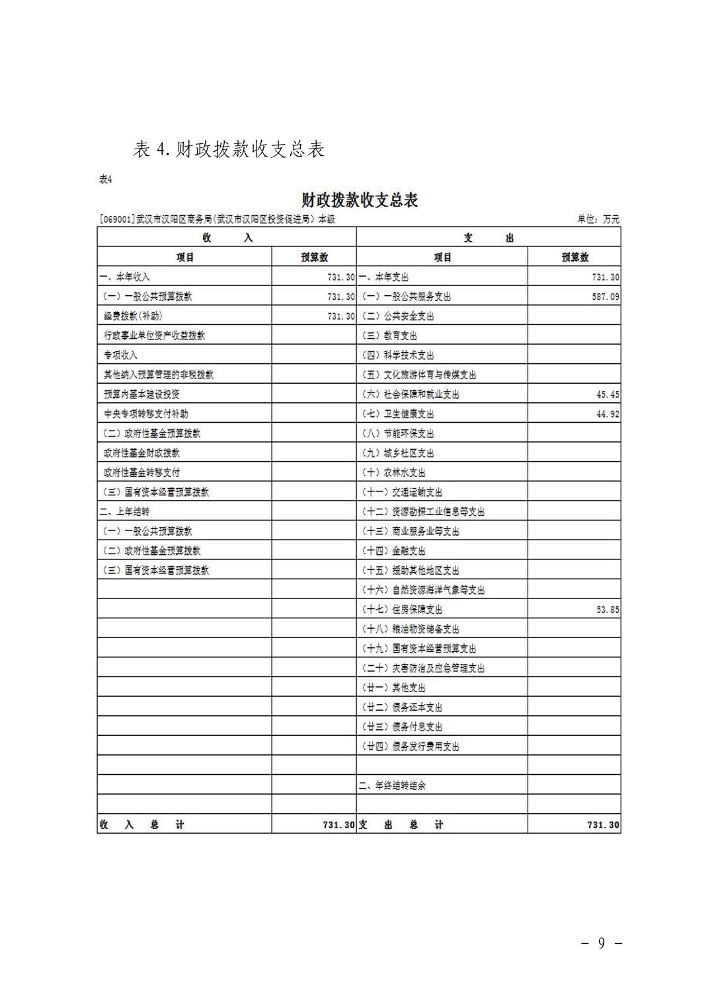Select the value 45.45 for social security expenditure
[x=608, y=395]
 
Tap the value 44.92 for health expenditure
[x=608, y=414]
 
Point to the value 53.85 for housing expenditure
[x=608, y=610]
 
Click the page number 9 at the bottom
[x=601, y=943]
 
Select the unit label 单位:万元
[x=598, y=219]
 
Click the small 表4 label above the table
[x=106, y=179]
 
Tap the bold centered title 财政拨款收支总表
[x=360, y=200]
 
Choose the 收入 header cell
[x=227, y=238]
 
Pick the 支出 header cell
[x=489, y=238]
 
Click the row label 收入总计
[x=142, y=825]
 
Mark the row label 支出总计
[x=401, y=825]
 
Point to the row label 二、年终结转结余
[x=392, y=785]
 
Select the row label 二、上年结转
[x=124, y=512]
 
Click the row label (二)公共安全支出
[x=397, y=316]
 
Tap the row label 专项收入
[x=120, y=355]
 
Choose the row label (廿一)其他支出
[x=393, y=688]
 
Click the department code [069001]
[x=117, y=219]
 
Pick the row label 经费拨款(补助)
[x=133, y=316]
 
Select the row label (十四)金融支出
[x=393, y=551]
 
